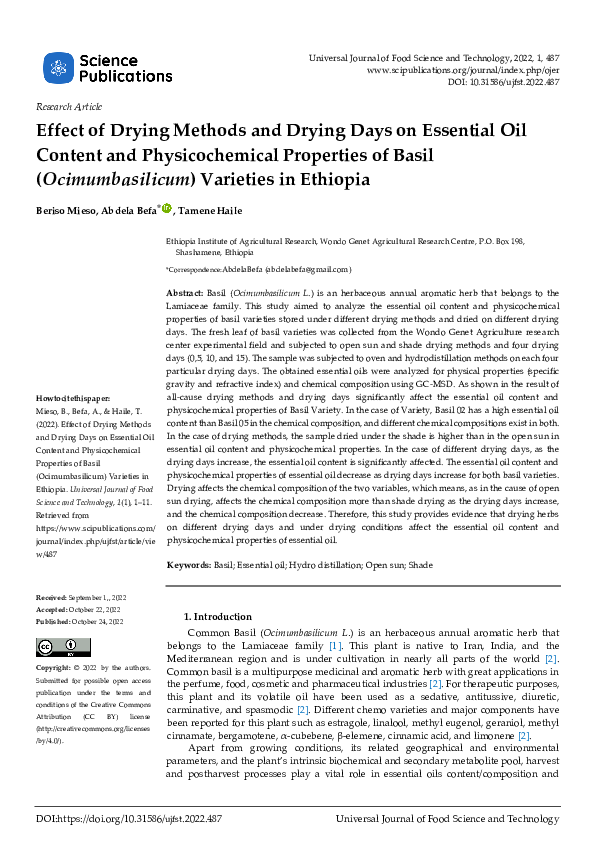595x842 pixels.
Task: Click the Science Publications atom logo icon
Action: click(x=58, y=68)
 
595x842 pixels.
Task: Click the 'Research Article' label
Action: click(x=68, y=106)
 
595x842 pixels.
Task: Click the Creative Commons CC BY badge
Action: click(x=62, y=646)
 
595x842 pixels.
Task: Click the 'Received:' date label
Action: click(x=51, y=596)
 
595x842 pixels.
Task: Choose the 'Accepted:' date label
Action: click(x=52, y=609)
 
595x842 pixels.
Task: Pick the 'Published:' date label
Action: click(x=53, y=621)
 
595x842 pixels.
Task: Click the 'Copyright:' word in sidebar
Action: click(x=53, y=667)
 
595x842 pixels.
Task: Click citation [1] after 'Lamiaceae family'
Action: click(x=335, y=647)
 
